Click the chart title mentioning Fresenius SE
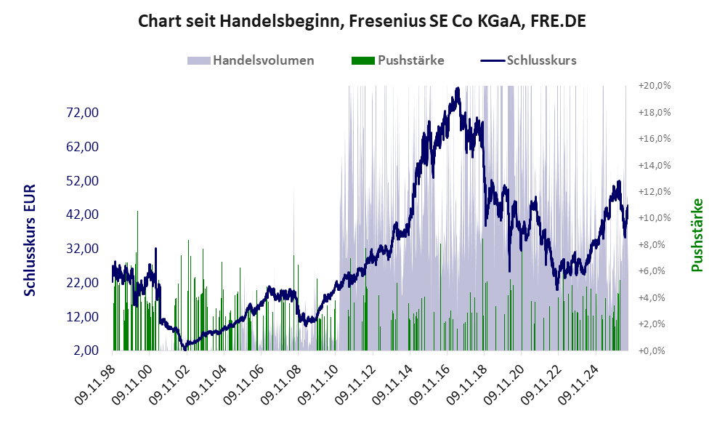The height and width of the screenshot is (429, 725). (x=362, y=21)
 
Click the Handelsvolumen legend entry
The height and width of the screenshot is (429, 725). (x=251, y=60)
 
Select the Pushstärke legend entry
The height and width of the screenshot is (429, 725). (x=397, y=60)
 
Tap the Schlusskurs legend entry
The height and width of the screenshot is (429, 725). (x=528, y=60)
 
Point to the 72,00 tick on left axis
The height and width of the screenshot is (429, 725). (x=83, y=113)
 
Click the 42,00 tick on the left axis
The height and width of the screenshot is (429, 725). (x=83, y=214)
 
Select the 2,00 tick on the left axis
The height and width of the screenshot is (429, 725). (x=86, y=350)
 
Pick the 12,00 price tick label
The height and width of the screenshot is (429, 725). (x=83, y=316)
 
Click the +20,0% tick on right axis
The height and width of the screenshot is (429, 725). (x=655, y=86)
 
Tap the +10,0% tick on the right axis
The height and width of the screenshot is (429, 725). (x=655, y=218)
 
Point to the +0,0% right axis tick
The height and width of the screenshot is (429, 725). (x=652, y=350)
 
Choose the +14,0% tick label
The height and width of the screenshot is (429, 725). (x=655, y=165)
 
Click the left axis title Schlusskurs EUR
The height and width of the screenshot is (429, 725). (x=30, y=240)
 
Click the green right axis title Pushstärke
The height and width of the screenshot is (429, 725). (x=697, y=235)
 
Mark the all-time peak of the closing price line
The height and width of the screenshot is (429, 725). (x=457, y=88)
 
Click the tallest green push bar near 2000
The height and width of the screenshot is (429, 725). (x=137, y=281)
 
